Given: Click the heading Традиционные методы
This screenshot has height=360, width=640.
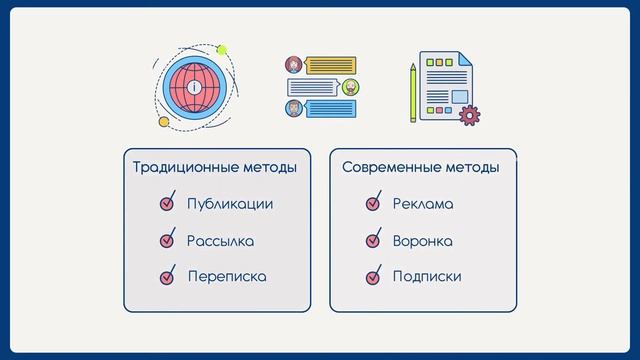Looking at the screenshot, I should click(x=214, y=167).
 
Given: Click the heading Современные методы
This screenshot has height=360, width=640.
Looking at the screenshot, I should click(x=421, y=167).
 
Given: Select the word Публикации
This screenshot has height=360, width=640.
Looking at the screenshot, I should click(x=230, y=204).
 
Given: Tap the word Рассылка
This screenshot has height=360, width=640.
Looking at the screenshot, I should click(x=220, y=241).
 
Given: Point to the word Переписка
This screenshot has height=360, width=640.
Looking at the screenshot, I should click(x=227, y=276).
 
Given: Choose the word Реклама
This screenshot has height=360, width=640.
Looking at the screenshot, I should click(x=423, y=204).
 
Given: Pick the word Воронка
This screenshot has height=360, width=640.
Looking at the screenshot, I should click(x=423, y=241).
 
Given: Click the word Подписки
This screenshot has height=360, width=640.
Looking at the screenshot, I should click(x=427, y=276).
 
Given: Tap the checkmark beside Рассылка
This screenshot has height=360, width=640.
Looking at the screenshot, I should click(x=167, y=240).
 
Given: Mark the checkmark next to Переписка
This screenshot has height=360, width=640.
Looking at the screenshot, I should click(x=167, y=276).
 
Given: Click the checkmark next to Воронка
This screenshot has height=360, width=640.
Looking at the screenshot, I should click(x=373, y=240).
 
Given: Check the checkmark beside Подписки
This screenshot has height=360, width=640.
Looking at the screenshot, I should click(x=373, y=276).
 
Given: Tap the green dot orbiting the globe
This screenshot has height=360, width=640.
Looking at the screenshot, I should click(x=222, y=49).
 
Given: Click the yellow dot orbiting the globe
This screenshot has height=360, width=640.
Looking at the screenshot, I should click(x=164, y=122).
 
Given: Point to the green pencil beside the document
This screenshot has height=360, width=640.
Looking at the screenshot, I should click(x=412, y=93).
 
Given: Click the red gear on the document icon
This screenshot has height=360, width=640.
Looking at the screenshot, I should click(x=467, y=116).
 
